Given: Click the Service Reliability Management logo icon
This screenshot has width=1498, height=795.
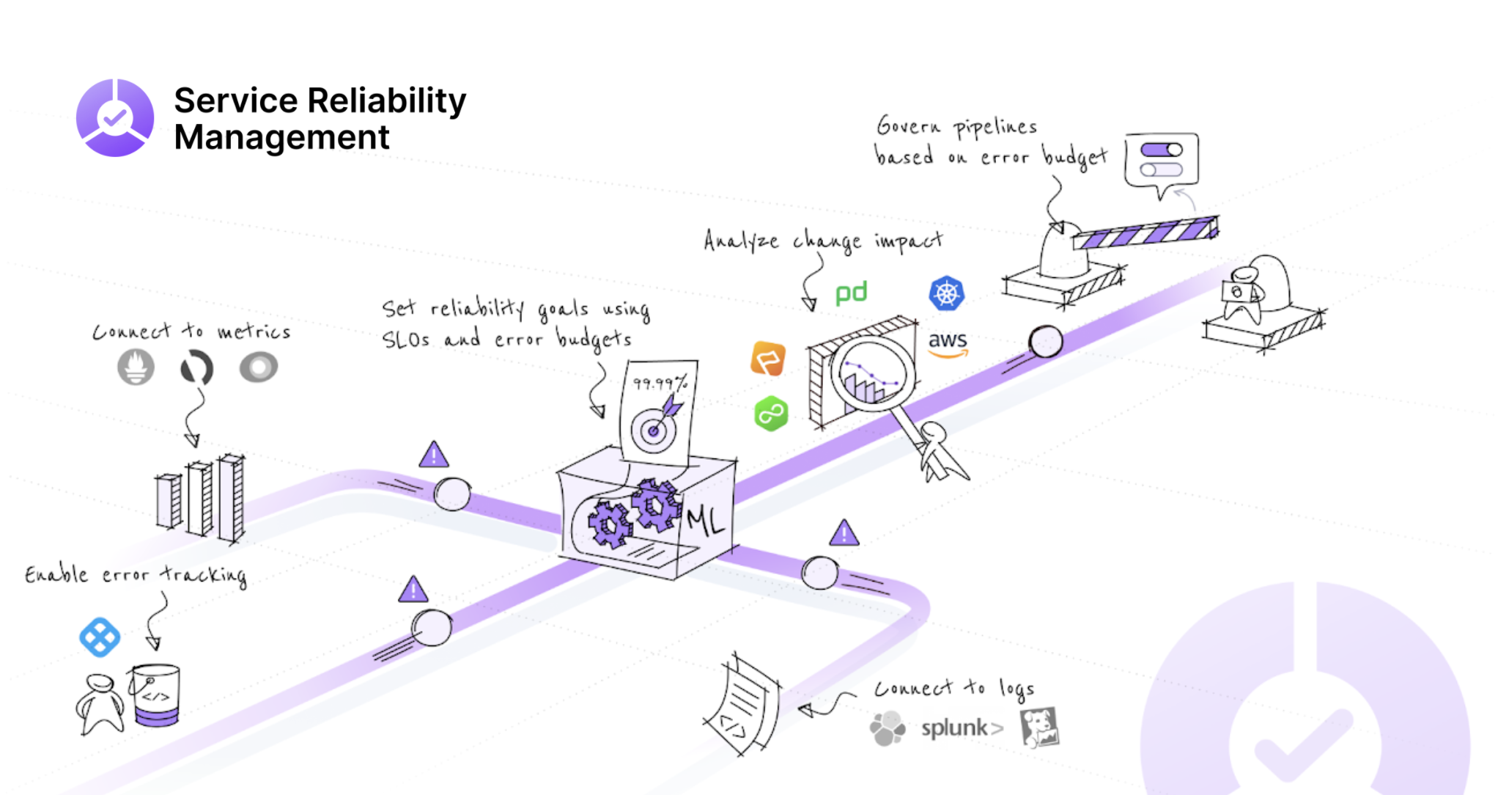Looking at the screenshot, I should tap(115, 117).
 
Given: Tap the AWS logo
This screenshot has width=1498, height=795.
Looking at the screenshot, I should tap(948, 342).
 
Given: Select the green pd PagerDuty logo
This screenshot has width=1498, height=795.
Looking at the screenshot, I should tap(851, 293).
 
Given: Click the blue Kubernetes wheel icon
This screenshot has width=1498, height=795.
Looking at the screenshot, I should tap(946, 293).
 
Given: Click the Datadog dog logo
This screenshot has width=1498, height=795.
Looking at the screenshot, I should tap(1039, 727).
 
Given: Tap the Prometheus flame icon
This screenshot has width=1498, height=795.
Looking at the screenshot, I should tap(136, 367).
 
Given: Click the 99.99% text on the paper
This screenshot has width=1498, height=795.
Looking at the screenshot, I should tap(660, 383).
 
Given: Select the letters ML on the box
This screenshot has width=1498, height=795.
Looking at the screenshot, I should tap(705, 520).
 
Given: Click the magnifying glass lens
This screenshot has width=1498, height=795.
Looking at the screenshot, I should tap(871, 374).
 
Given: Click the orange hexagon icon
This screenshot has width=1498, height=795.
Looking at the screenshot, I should tap(768, 359).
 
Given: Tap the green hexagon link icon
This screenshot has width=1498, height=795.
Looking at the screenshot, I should tap(770, 414).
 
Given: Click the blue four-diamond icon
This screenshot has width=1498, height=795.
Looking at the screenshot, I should tap(100, 637).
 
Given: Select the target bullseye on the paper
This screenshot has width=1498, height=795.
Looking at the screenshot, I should tap(653, 431).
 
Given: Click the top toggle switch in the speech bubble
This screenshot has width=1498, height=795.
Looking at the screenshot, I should tap(1161, 150).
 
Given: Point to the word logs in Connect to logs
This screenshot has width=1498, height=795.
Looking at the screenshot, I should tap(1016, 689).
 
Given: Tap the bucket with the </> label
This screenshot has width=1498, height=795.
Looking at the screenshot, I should tap(155, 695).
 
